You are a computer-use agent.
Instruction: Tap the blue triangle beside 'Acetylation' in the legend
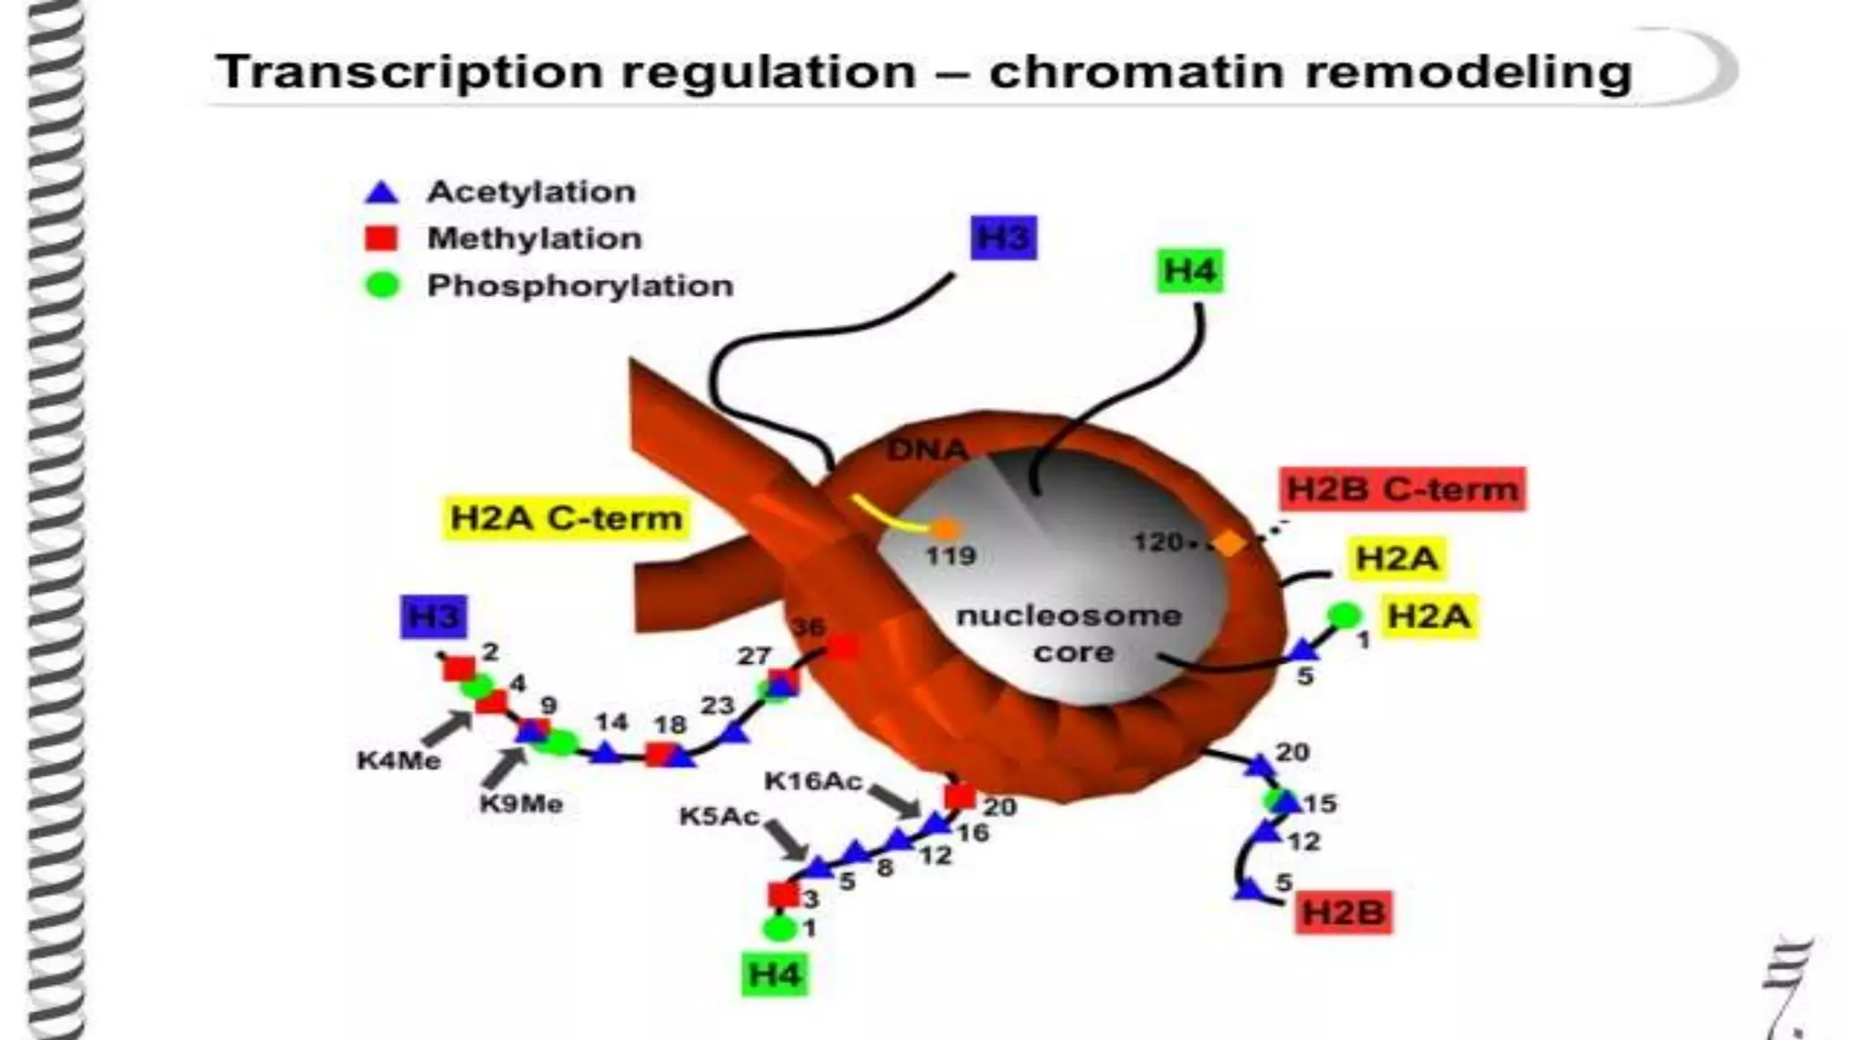pyautogui.click(x=381, y=192)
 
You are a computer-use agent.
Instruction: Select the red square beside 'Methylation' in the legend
pyautogui.click(x=381, y=238)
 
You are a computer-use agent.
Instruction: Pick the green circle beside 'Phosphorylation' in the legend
pyautogui.click(x=381, y=285)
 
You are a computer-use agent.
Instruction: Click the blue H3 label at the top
pyautogui.click(x=1004, y=238)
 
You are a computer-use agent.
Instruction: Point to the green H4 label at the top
pyautogui.click(x=1190, y=270)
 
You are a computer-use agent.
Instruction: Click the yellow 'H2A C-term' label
pyautogui.click(x=566, y=518)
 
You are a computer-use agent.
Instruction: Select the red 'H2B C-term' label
pyautogui.click(x=1402, y=489)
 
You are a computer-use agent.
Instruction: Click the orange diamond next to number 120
pyautogui.click(x=1228, y=543)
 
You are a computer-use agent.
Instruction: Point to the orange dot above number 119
pyautogui.click(x=946, y=528)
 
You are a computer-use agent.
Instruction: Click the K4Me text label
pyautogui.click(x=399, y=760)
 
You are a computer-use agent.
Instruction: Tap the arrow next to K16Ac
pyautogui.click(x=895, y=800)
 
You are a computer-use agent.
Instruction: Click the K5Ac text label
pyautogui.click(x=720, y=816)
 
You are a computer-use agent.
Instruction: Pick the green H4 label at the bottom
pyautogui.click(x=775, y=975)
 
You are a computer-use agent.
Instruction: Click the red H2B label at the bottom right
pyautogui.click(x=1343, y=912)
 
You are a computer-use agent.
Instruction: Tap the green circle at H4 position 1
pyautogui.click(x=776, y=928)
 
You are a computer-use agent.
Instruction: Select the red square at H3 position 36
pyautogui.click(x=843, y=647)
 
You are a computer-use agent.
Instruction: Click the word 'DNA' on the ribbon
pyautogui.click(x=927, y=449)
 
